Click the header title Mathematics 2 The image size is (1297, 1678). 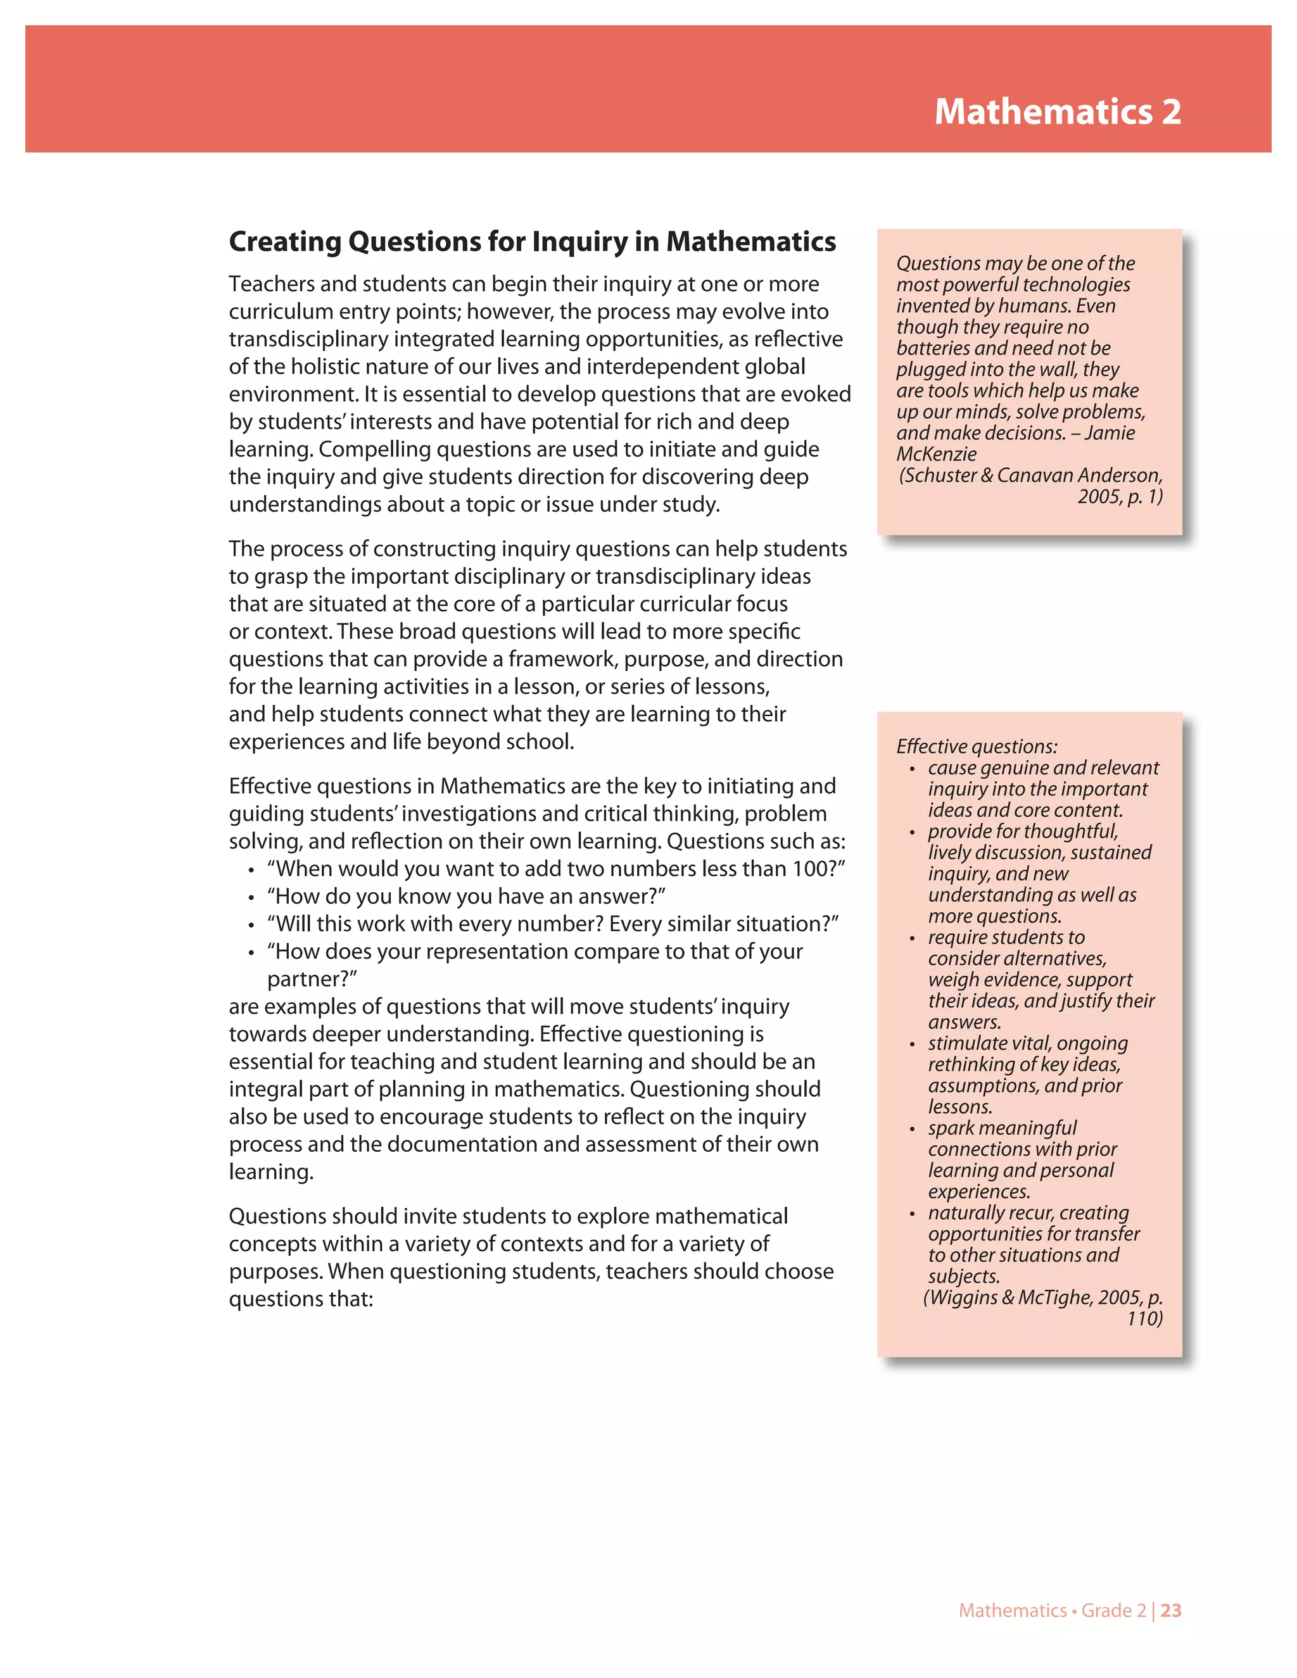pyautogui.click(x=1057, y=111)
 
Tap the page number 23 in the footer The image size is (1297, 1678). pyautogui.click(x=1171, y=1610)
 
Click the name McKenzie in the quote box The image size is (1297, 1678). pyautogui.click(x=937, y=454)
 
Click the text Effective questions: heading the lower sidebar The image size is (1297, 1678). pyautogui.click(x=977, y=746)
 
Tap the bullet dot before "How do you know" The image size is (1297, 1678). pyautogui.click(x=251, y=897)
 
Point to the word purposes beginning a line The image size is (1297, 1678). pyautogui.click(x=275, y=1271)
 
